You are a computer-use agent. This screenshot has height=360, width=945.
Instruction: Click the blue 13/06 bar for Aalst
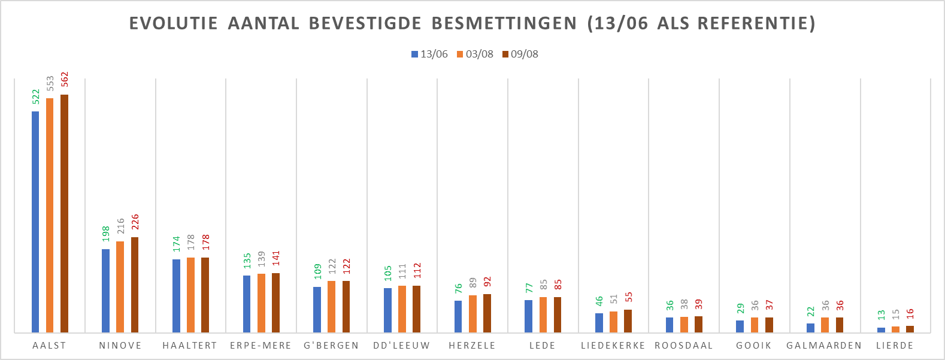click(x=35, y=222)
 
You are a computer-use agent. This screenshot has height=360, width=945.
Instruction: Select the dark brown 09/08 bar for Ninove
click(x=135, y=285)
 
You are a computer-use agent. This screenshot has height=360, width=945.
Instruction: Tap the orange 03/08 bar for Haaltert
click(x=190, y=295)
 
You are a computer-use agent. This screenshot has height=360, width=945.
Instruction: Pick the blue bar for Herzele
click(x=458, y=316)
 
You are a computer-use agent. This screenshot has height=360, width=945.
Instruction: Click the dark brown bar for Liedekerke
click(x=628, y=321)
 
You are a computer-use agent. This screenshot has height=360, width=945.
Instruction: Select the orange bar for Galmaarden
click(x=825, y=325)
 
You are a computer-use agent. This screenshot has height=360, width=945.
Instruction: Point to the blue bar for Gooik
click(x=740, y=326)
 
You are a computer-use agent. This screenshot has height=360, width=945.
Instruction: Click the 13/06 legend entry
click(x=429, y=54)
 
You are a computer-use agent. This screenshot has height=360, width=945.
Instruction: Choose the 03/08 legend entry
click(x=475, y=54)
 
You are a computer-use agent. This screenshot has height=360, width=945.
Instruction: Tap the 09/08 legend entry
click(x=520, y=54)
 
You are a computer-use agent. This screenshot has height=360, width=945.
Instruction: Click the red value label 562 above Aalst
click(x=65, y=79)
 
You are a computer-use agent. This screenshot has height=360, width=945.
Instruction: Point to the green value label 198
click(x=106, y=234)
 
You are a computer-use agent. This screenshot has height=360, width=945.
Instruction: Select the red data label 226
click(x=135, y=222)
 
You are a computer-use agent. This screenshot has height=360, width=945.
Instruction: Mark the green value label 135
click(x=247, y=261)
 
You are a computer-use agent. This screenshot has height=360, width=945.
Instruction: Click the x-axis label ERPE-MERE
click(x=261, y=346)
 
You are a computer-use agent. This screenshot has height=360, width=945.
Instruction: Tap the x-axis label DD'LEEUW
click(x=401, y=346)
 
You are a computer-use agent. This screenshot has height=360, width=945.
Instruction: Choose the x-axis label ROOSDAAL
click(x=684, y=346)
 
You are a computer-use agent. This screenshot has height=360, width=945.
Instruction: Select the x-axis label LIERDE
click(x=895, y=346)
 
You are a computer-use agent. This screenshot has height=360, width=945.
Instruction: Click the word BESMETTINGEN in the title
click(x=504, y=23)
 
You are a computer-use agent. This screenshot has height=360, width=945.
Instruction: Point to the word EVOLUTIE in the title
click(x=174, y=23)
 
